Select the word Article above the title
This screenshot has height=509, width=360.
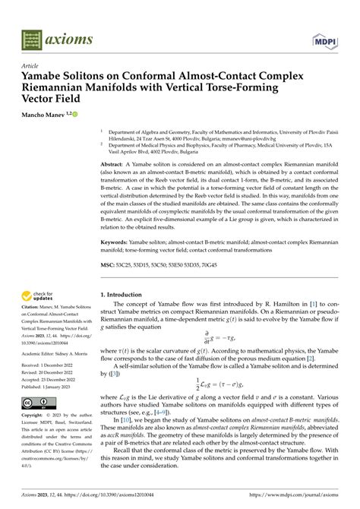(x=21, y=67)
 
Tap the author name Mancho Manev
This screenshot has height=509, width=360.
(x=37, y=114)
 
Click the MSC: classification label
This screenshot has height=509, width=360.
(x=109, y=265)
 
